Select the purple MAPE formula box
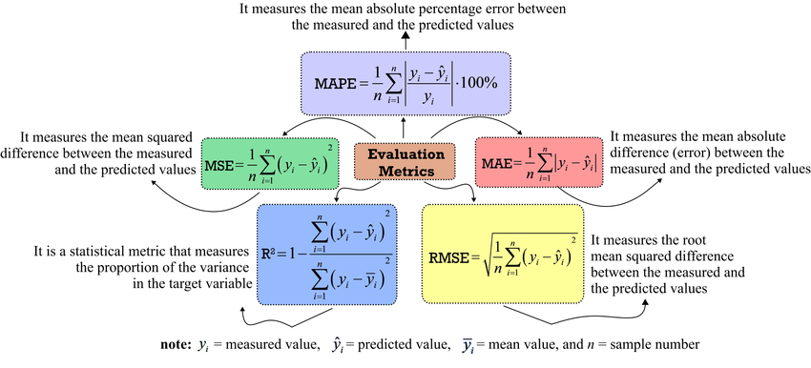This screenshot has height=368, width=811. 405,82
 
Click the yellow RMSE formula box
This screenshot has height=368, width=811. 502,253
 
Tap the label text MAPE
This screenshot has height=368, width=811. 335,83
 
